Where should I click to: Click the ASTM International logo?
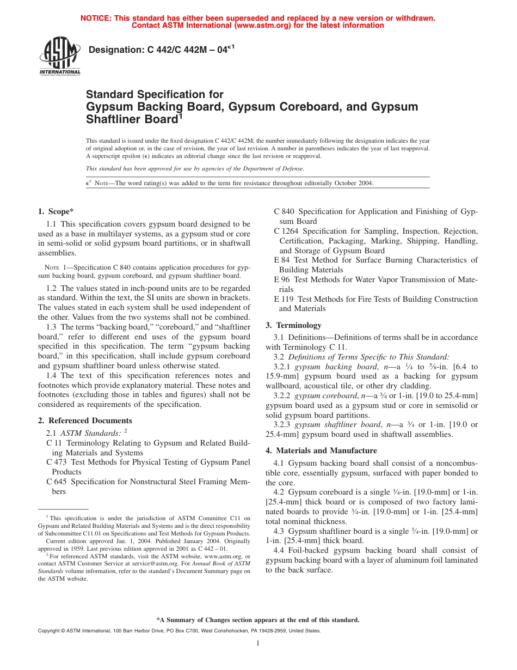59,56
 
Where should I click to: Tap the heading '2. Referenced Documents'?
85,421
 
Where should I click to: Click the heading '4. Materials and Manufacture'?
321,450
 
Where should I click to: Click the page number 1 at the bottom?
258,643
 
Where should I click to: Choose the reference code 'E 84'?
282,260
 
